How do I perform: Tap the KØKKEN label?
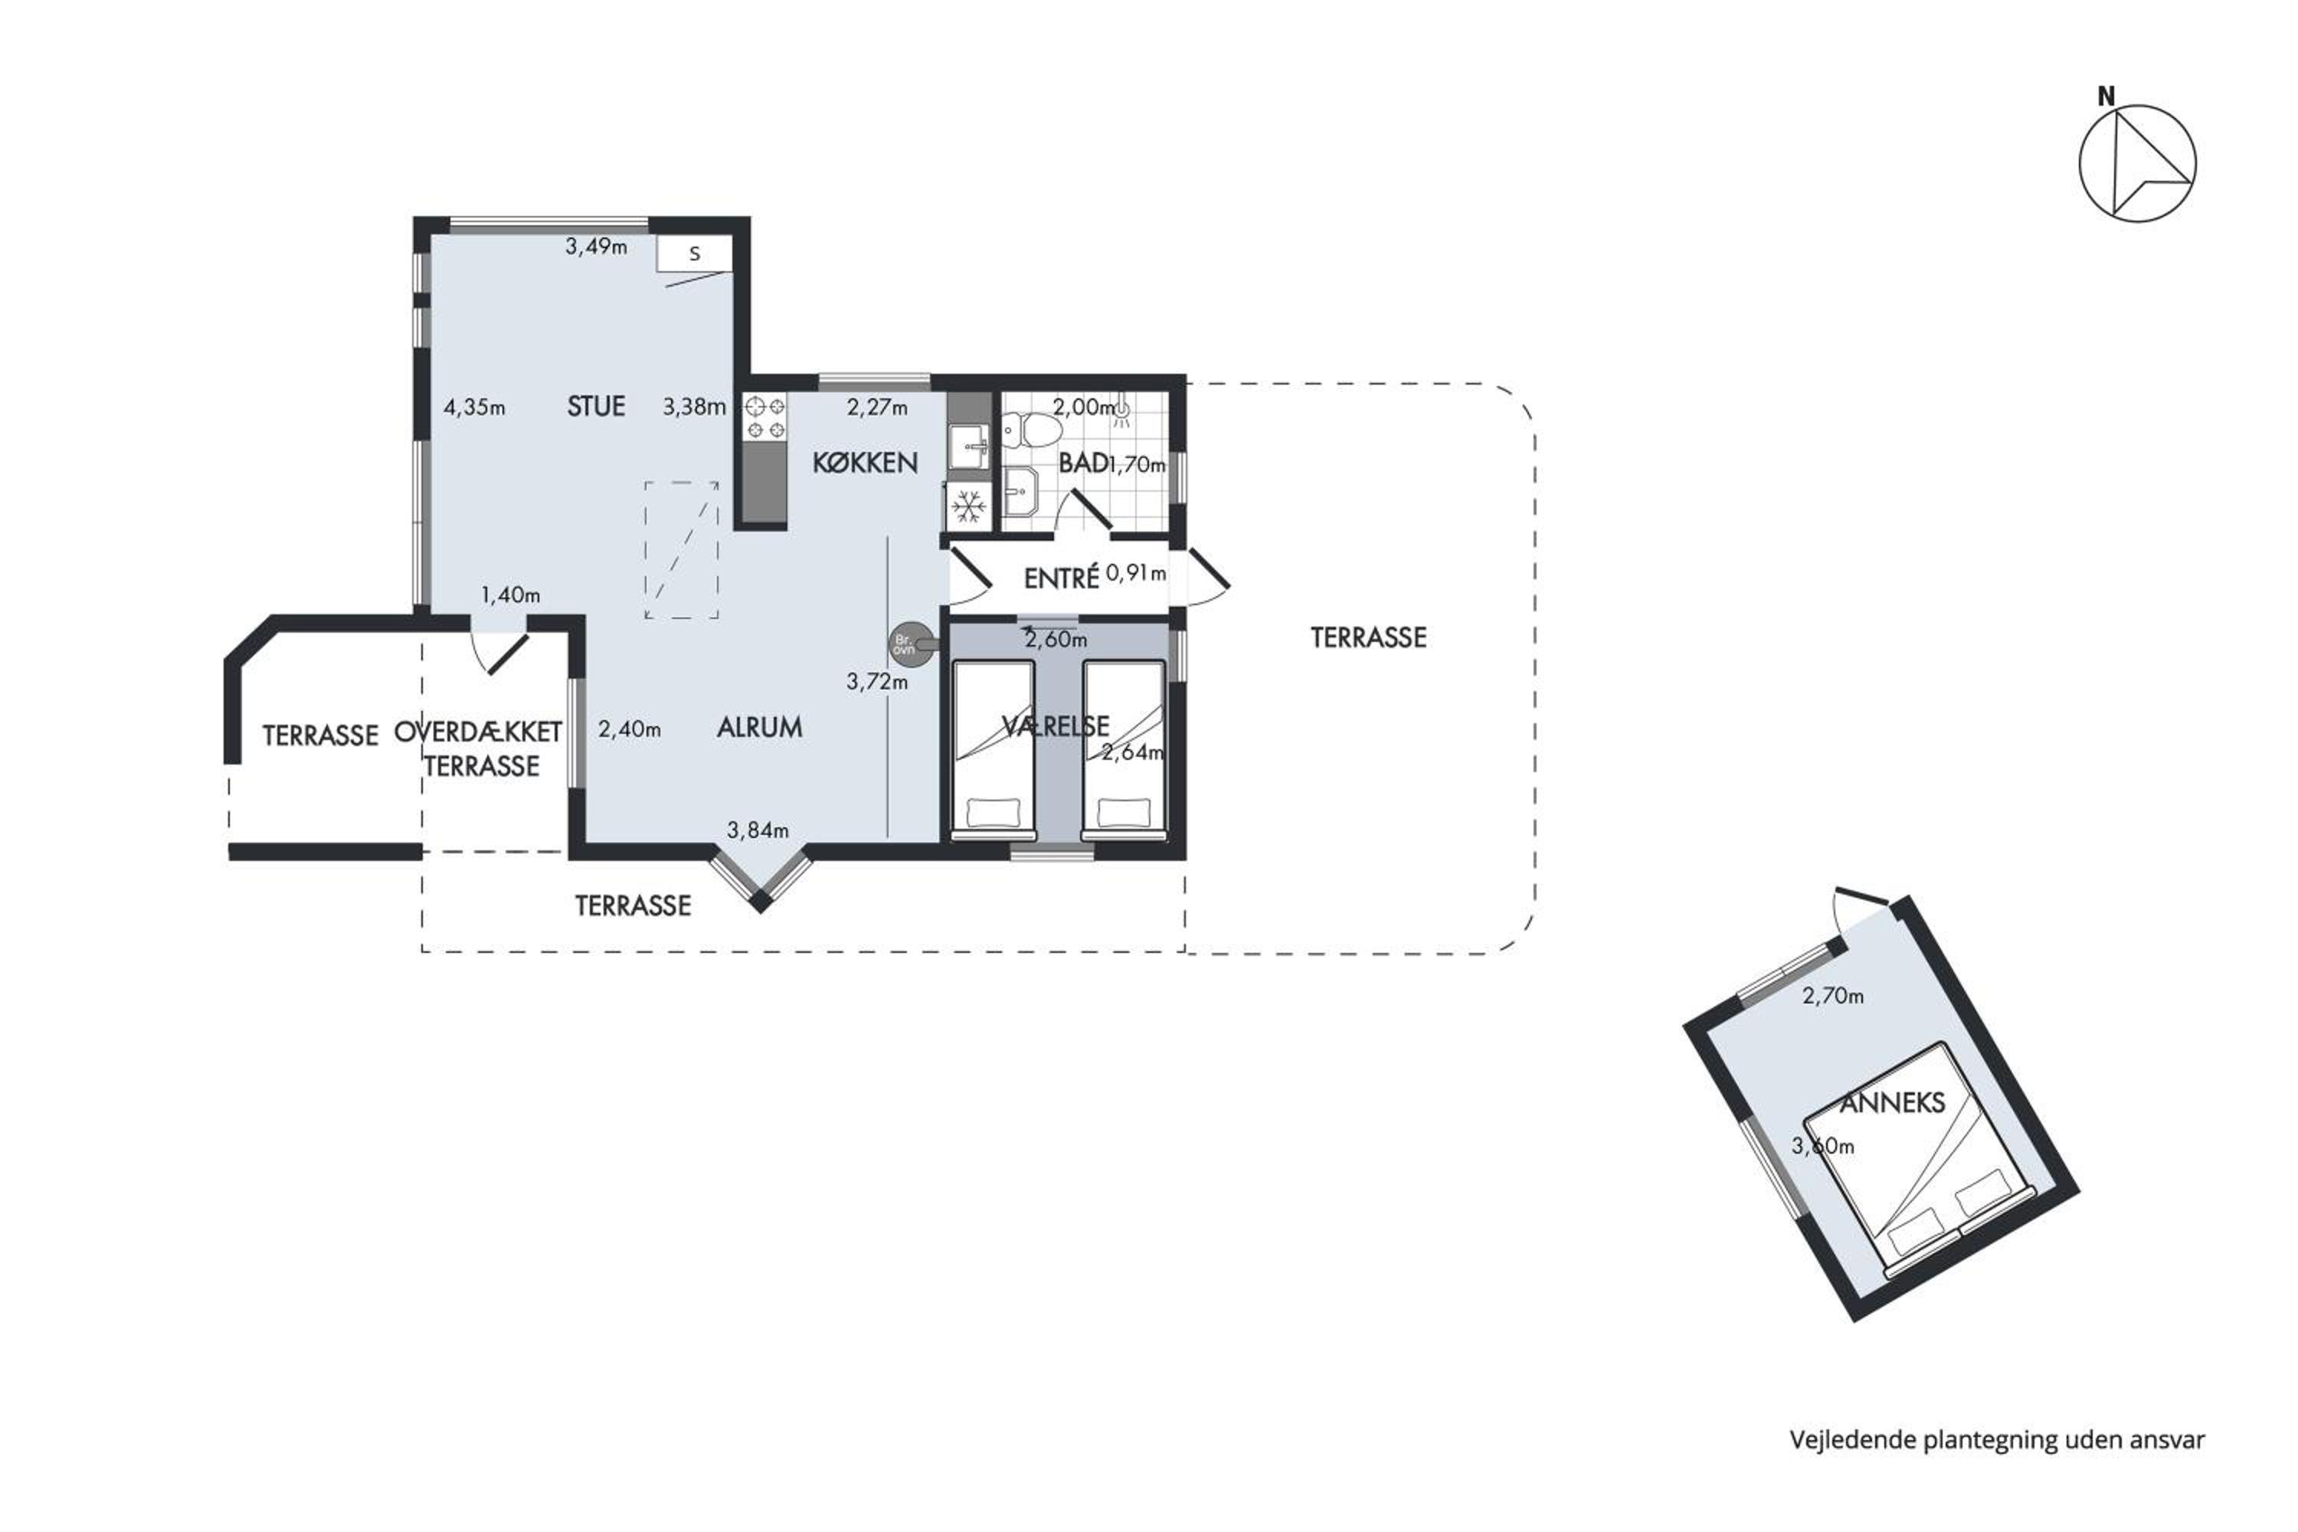click(865, 462)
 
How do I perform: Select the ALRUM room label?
click(759, 727)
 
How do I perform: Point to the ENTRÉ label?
click(1061, 578)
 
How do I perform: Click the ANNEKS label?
click(1893, 1103)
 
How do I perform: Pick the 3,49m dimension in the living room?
click(596, 246)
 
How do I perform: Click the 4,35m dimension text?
click(474, 407)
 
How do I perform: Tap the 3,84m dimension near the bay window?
click(758, 830)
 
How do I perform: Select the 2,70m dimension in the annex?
click(1833, 996)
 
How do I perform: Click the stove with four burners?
click(765, 417)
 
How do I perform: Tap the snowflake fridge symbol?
click(969, 506)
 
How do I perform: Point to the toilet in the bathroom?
click(1032, 429)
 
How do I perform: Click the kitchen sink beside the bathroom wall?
click(968, 447)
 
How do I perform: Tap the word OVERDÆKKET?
click(478, 732)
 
